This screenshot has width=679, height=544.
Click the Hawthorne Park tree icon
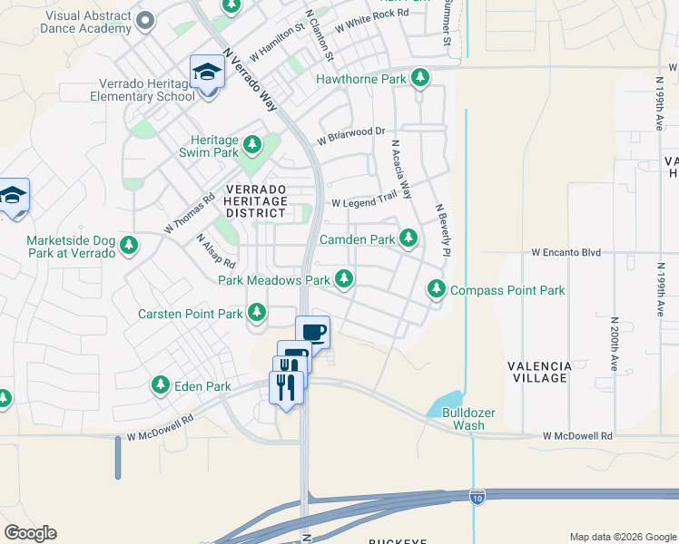pyautogui.click(x=419, y=79)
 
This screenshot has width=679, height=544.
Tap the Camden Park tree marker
pyautogui.click(x=408, y=239)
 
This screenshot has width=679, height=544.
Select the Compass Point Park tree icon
pyautogui.click(x=437, y=290)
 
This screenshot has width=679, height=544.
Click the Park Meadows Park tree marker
pyautogui.click(x=344, y=280)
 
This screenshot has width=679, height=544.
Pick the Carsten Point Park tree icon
pyautogui.click(x=257, y=314)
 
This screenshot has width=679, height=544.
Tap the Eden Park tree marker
pyautogui.click(x=160, y=386)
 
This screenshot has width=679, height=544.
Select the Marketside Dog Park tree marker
pyautogui.click(x=129, y=246)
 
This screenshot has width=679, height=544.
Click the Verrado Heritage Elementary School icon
pyautogui.click(x=207, y=73)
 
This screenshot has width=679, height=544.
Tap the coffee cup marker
pyautogui.click(x=312, y=333)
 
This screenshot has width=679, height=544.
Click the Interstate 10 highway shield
pyautogui.click(x=477, y=496)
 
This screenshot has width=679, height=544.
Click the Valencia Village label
pyautogui.click(x=539, y=372)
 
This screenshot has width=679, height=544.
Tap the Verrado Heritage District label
pyautogui.click(x=255, y=200)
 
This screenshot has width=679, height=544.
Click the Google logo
pyautogui.click(x=30, y=533)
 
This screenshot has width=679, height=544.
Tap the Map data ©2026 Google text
pyautogui.click(x=623, y=537)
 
